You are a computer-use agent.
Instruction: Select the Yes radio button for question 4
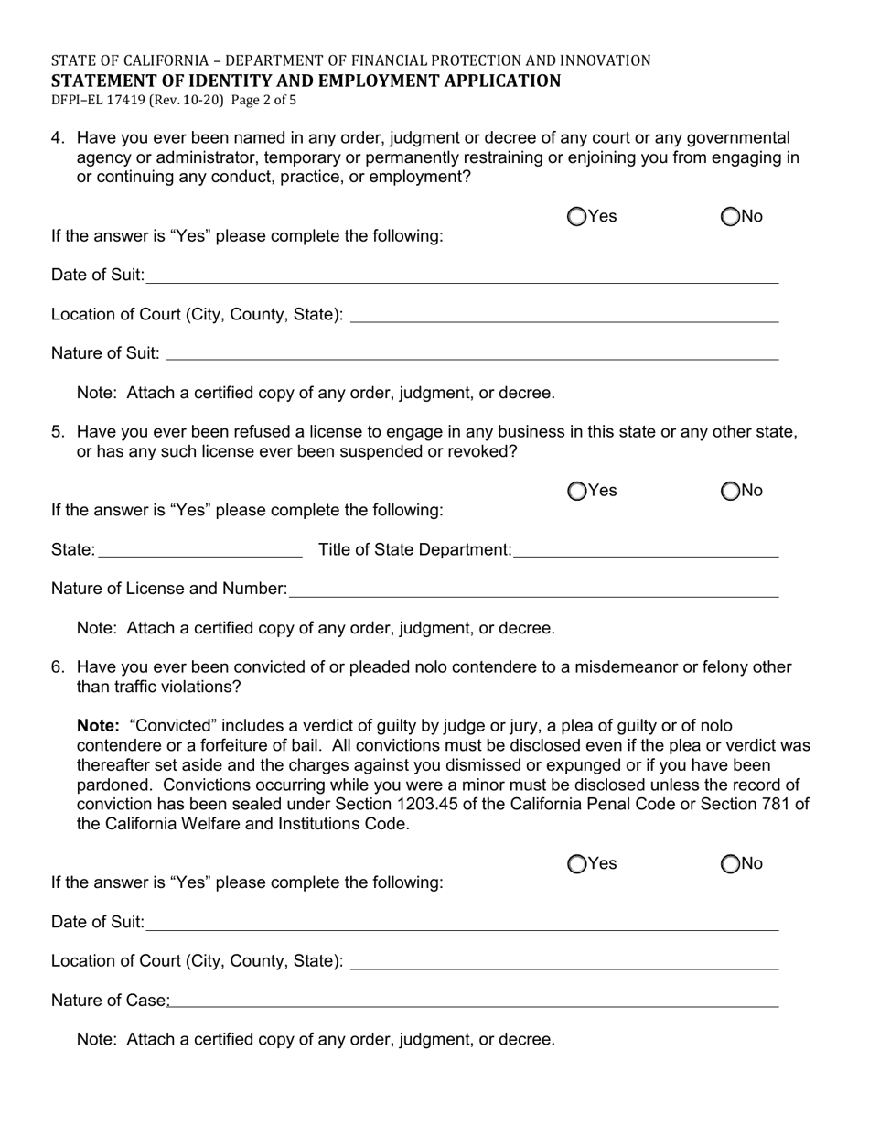click(577, 217)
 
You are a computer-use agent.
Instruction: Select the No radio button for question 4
click(730, 217)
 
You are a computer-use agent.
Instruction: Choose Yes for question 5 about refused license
click(577, 492)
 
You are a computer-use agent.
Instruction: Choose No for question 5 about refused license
click(730, 492)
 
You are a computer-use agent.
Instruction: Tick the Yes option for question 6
click(577, 864)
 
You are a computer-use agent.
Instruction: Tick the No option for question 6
click(730, 864)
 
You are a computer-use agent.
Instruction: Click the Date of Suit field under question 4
click(462, 276)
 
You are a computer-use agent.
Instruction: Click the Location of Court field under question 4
click(564, 315)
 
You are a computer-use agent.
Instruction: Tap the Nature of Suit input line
click(472, 353)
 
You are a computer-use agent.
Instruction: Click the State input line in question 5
click(199, 550)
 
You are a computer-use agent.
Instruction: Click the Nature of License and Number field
click(533, 590)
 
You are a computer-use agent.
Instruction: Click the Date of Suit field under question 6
click(462, 923)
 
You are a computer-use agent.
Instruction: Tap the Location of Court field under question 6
click(564, 961)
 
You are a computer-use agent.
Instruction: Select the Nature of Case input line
click(474, 1001)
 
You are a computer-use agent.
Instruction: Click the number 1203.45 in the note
click(498, 805)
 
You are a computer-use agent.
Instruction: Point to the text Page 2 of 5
click(263, 101)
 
